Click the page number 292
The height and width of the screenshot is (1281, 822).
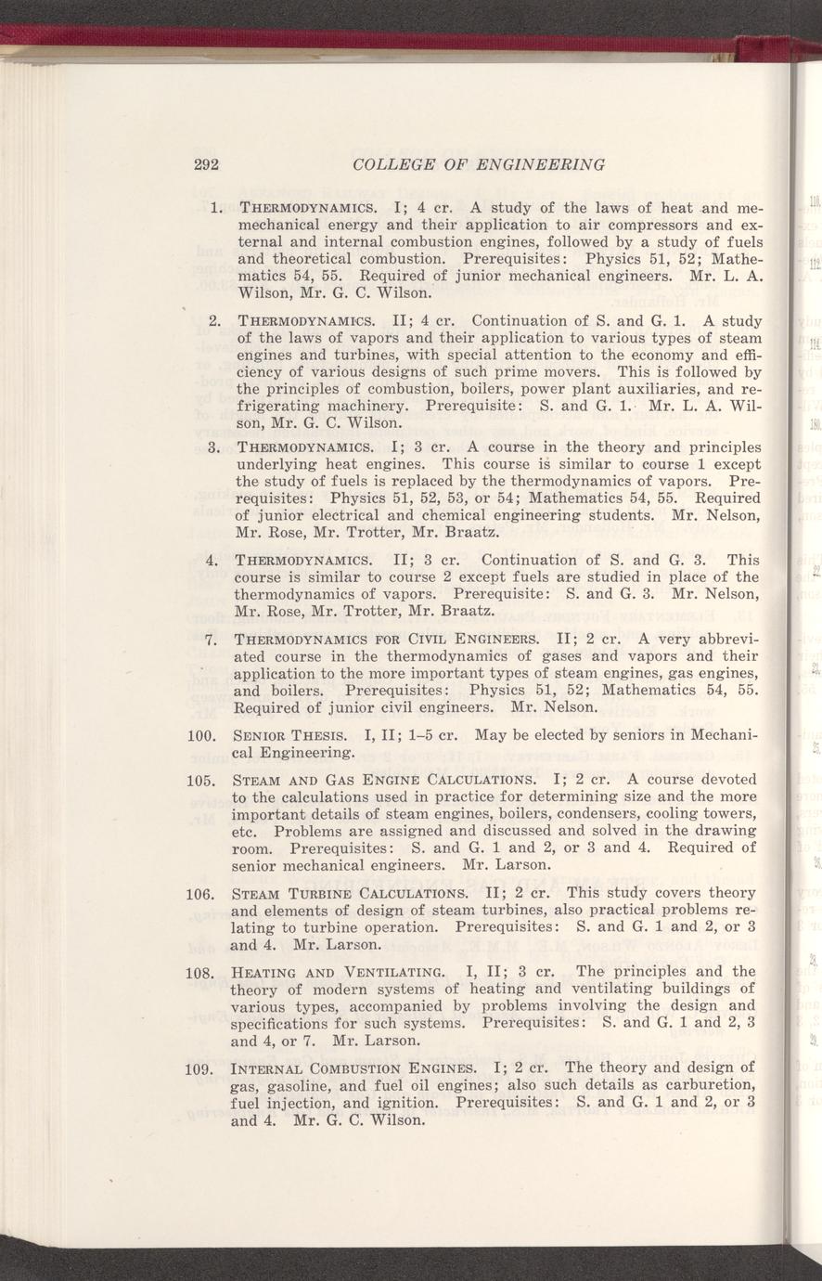[205, 165]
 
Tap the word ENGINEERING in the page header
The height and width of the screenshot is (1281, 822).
[539, 165]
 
